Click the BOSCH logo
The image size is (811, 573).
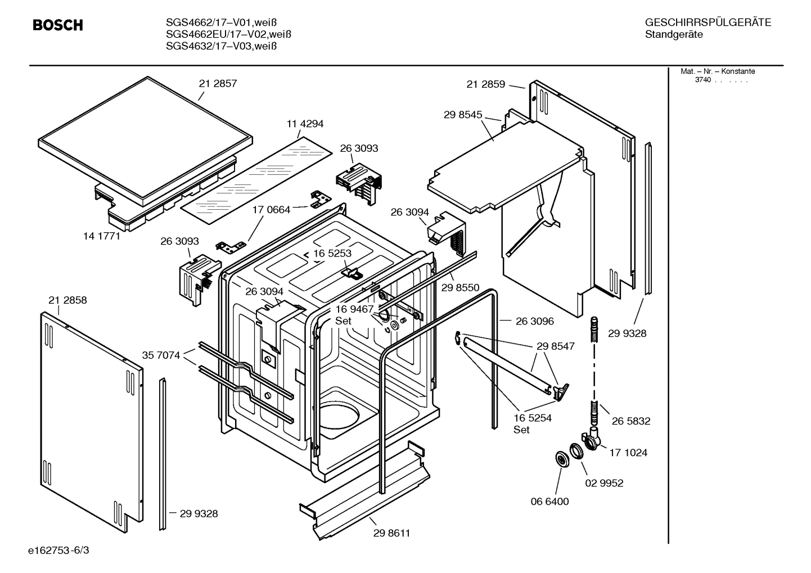(x=58, y=25)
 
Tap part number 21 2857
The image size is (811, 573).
(x=218, y=83)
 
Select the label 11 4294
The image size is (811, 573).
(x=305, y=124)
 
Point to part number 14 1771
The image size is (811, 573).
(x=102, y=236)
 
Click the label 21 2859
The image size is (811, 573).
(x=485, y=84)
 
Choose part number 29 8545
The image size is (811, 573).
(x=462, y=115)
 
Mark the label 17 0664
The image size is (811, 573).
(x=271, y=210)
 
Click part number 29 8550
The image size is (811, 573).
(x=460, y=287)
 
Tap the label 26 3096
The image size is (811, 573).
(x=534, y=321)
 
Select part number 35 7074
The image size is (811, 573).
(x=161, y=355)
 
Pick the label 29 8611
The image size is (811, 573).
(x=391, y=533)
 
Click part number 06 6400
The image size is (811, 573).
(x=550, y=501)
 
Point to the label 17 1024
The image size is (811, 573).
(x=628, y=452)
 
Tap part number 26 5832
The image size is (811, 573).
(x=631, y=421)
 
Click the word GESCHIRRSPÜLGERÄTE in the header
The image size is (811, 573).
(x=708, y=23)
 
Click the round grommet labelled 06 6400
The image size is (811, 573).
(x=562, y=459)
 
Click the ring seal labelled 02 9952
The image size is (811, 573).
(x=576, y=450)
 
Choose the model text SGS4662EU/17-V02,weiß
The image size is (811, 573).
(x=228, y=34)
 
